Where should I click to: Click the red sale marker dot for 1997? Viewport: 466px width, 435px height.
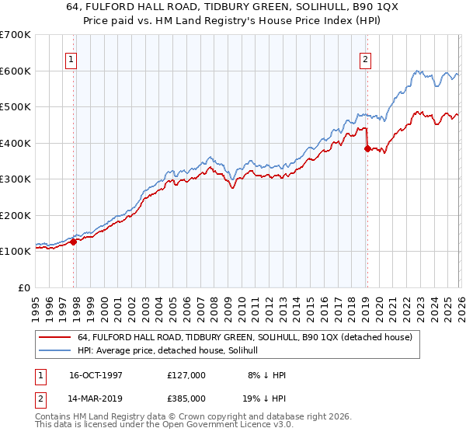coord(74,242)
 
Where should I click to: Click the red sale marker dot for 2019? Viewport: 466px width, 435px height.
coord(367,149)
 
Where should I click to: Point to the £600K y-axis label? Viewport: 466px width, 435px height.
coord(16,71)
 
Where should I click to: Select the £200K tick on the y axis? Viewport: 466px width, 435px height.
coord(16,215)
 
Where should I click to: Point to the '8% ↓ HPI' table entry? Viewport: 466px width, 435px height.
coord(265,375)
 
